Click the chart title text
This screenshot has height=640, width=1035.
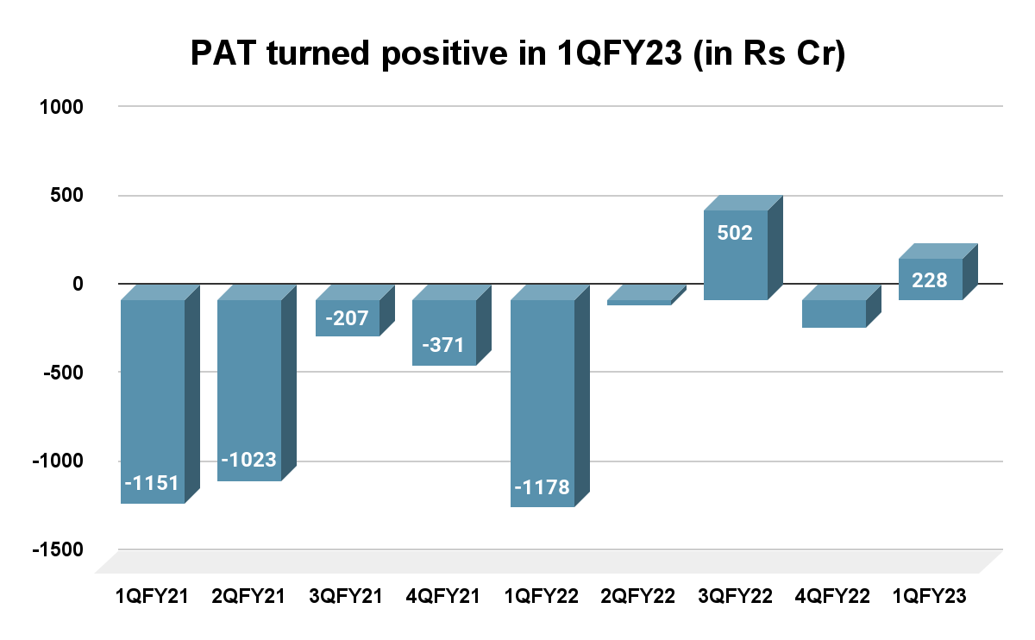tap(517, 54)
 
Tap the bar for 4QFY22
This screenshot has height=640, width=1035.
tap(833, 313)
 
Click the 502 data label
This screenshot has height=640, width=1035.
tap(736, 232)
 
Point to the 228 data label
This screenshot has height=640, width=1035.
tap(930, 280)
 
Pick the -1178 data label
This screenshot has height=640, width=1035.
tap(542, 488)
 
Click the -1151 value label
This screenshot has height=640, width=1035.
tap(152, 484)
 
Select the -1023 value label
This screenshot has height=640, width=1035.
tap(248, 460)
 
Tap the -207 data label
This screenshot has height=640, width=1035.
tap(347, 319)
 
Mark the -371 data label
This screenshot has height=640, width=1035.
tap(443, 346)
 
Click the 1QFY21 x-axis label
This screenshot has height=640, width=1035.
tap(152, 597)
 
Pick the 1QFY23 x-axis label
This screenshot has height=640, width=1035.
tap(930, 597)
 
